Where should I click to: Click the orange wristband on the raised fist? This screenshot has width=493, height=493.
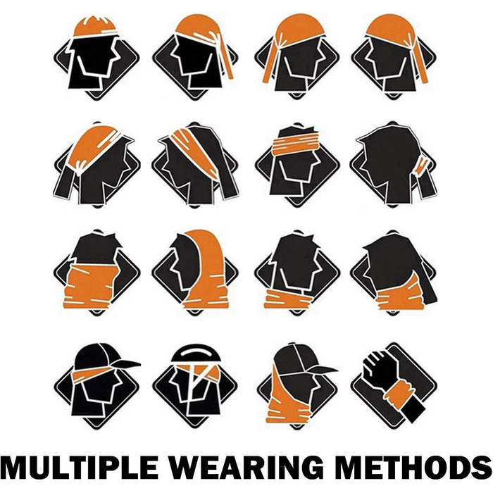[x=399, y=392]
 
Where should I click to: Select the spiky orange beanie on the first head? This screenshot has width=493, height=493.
[x=95, y=26]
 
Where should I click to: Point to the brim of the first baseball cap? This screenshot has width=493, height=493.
[x=126, y=364]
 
